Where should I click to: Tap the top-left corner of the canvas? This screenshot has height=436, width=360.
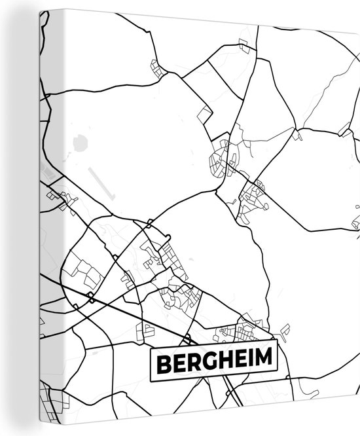coord(41,10)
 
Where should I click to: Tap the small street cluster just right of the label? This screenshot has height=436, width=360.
coord(285,331)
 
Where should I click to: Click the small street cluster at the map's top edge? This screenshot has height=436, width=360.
coord(245,45)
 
